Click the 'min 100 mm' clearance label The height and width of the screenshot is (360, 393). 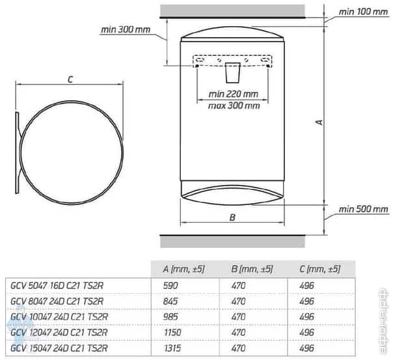coord(363,12)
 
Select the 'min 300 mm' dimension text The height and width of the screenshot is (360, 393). coord(126,29)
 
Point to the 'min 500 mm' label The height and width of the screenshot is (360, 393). coord(363,210)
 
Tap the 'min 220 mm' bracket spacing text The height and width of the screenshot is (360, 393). coord(233,93)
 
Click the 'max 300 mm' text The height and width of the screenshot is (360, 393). coord(233,105)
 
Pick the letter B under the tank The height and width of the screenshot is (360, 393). coord(232,218)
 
